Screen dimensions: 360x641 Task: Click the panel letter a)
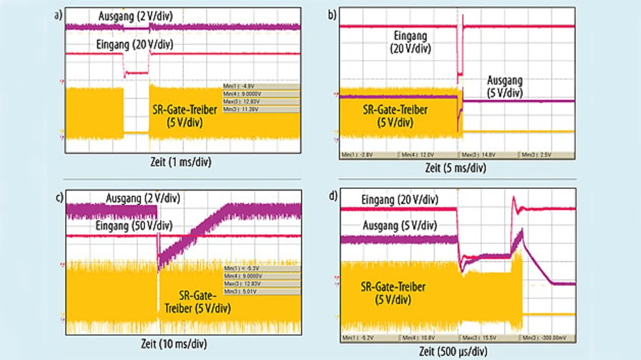[59, 15]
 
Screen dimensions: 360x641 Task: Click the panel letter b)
[332, 15]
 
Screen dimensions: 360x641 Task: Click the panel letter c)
[59, 197]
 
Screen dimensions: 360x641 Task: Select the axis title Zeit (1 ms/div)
[183, 161]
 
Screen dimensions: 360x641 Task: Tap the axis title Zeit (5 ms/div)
[456, 168]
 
